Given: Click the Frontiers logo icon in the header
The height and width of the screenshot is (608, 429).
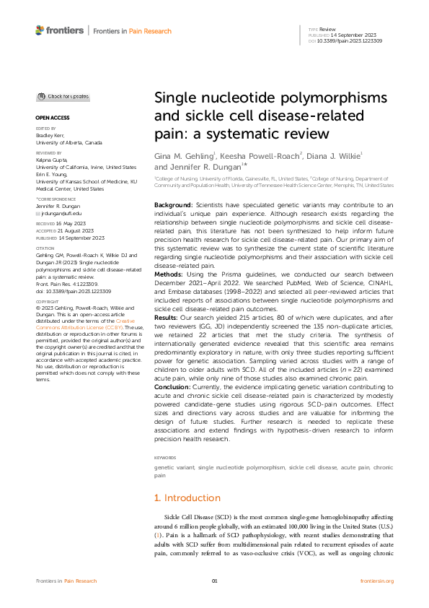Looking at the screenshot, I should pyautogui.click(x=40, y=30).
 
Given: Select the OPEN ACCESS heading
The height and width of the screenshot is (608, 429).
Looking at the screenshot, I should pyautogui.click(x=51, y=116).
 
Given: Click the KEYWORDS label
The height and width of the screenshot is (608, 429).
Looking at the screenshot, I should pyautogui.click(x=165, y=458).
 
